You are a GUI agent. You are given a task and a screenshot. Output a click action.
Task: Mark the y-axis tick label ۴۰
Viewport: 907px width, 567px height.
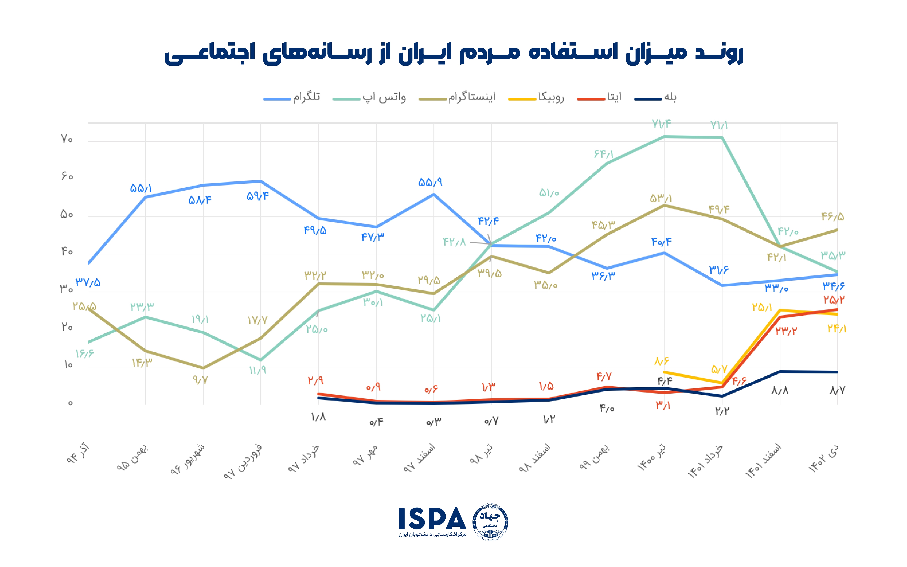(67, 251)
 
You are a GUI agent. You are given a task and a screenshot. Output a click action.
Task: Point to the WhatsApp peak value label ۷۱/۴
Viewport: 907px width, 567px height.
(661, 124)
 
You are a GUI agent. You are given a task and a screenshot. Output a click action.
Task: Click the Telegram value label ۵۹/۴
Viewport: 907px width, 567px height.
(258, 196)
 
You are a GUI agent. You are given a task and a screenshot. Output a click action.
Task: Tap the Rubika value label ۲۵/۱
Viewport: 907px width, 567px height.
(762, 308)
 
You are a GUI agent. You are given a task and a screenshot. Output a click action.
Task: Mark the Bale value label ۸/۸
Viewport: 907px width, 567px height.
(780, 391)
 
